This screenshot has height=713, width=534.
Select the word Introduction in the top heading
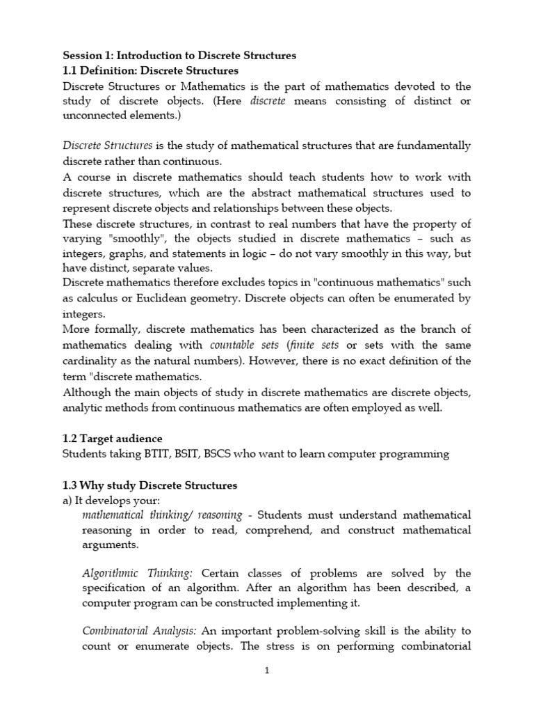tap(151, 55)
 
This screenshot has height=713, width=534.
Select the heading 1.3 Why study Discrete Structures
tap(149, 485)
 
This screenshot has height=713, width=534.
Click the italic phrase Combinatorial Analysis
tap(140, 631)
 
